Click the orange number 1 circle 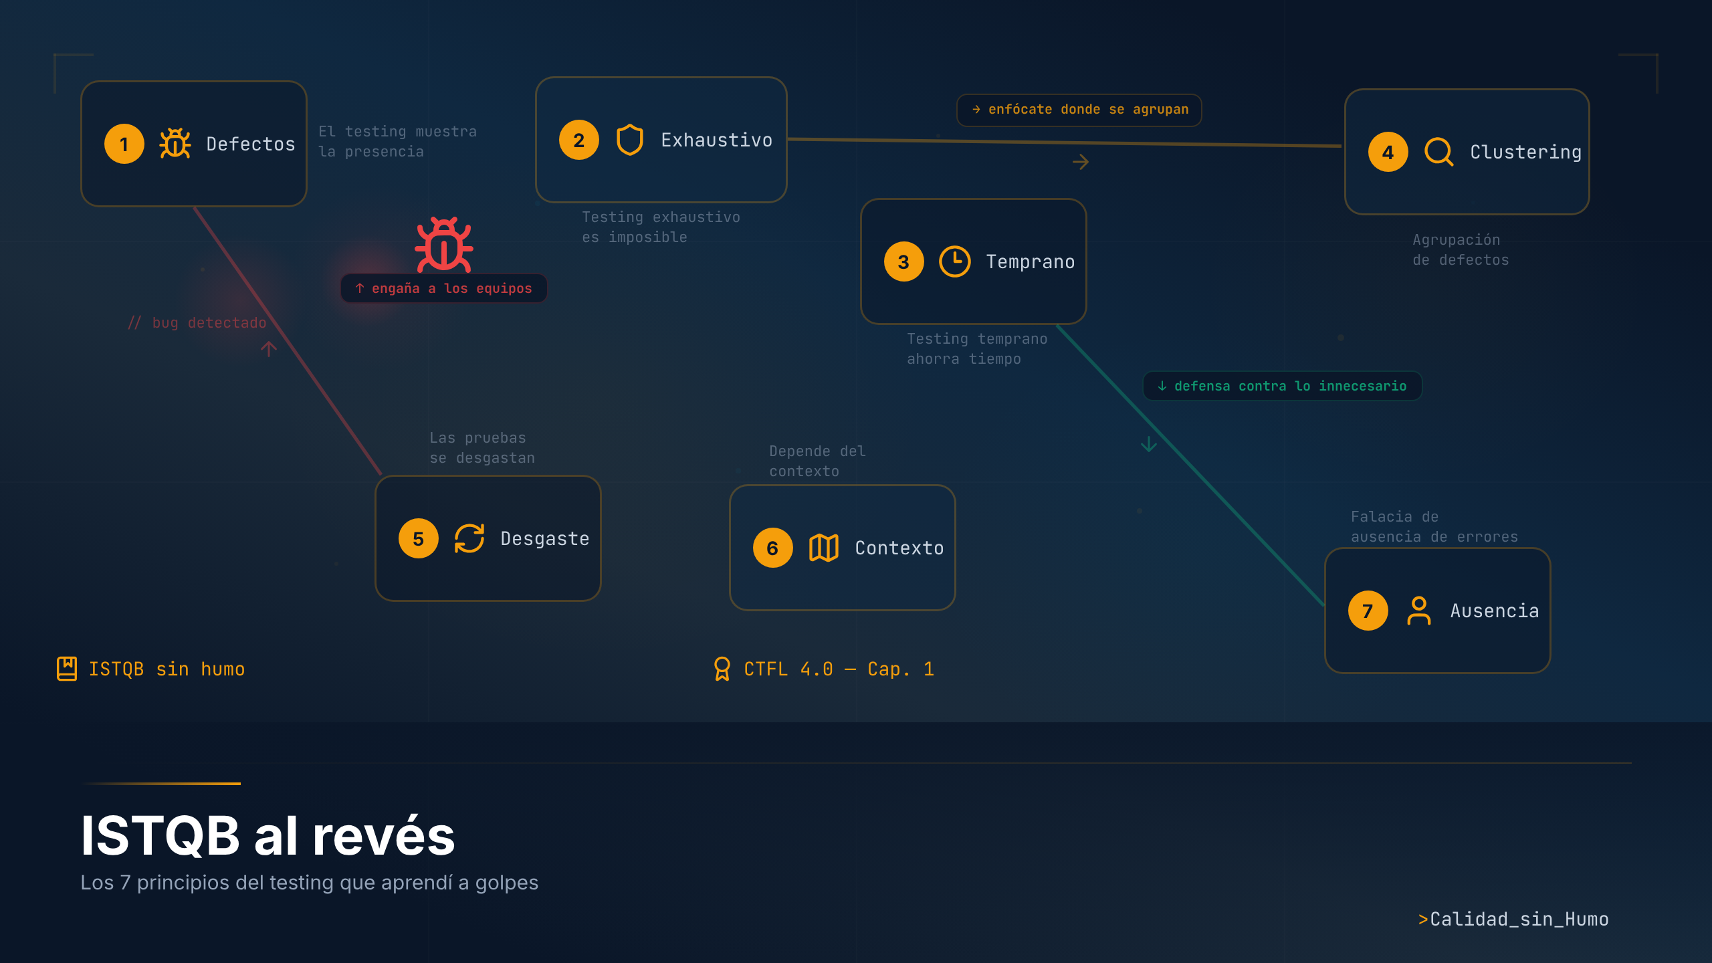(124, 144)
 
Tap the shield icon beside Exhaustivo (629, 140)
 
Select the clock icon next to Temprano (954, 261)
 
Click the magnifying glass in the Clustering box (1438, 152)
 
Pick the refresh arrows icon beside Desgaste (469, 538)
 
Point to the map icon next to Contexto (823, 548)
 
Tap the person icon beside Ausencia (1418, 611)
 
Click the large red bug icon (444, 245)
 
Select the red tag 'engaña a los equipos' (444, 288)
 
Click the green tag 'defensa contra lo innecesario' (1282, 386)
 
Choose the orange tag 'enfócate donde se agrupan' (1079, 110)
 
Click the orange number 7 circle (1368, 611)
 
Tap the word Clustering (1525, 152)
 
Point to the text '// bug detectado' (197, 323)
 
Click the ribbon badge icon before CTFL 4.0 (722, 669)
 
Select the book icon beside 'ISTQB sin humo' (67, 669)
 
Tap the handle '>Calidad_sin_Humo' (1513, 920)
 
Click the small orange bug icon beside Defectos (175, 144)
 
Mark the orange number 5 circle (419, 538)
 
